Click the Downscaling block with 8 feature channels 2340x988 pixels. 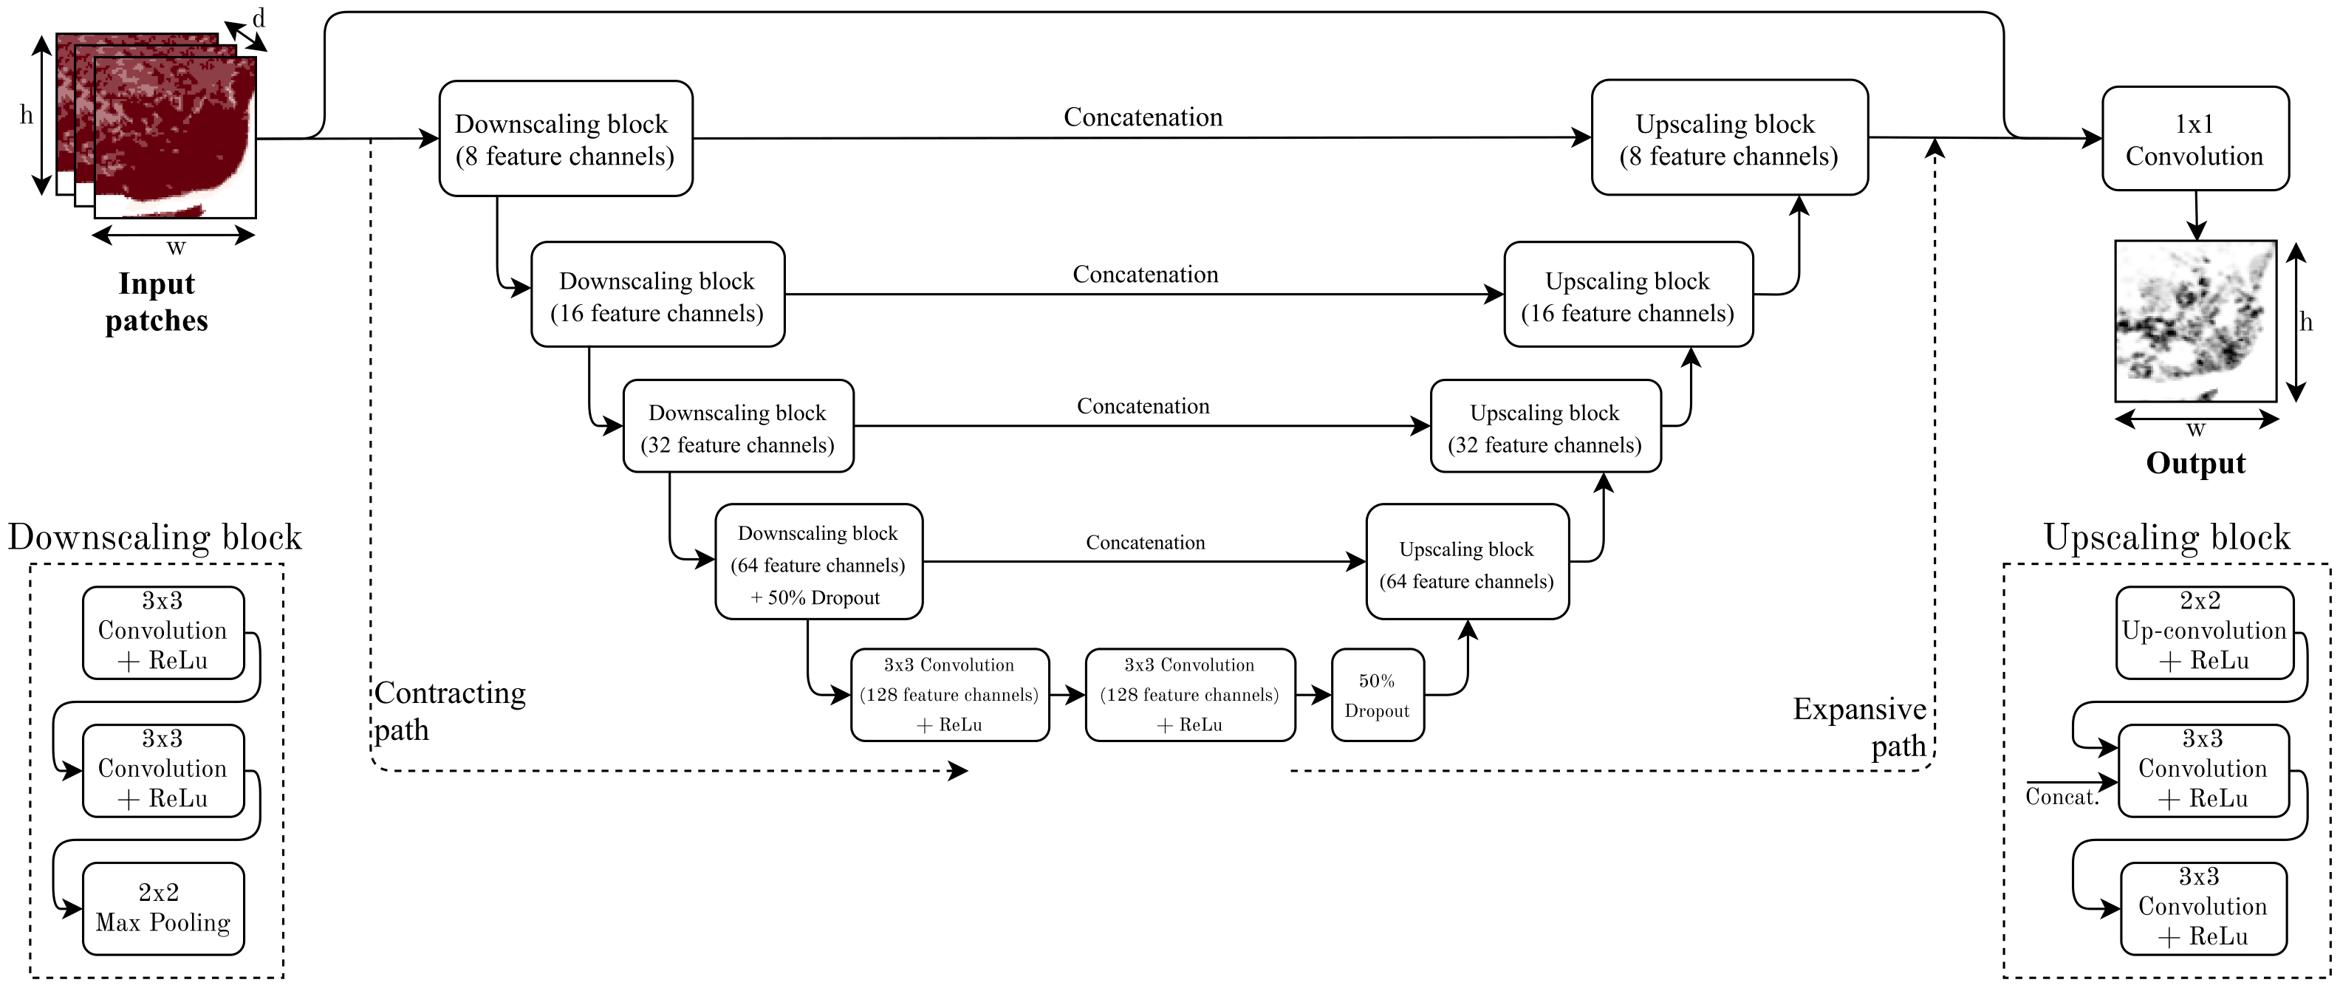pos(565,139)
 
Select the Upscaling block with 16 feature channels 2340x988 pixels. pos(1628,295)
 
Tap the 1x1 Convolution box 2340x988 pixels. pos(2194,139)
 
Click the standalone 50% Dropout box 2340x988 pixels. pos(1377,696)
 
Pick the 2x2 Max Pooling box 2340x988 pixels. pos(162,908)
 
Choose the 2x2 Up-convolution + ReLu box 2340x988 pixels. pos(2204,632)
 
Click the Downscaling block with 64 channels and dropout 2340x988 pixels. pos(818,563)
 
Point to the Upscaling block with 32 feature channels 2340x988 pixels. pos(1545,427)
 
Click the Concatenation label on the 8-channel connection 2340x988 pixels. pos(1143,117)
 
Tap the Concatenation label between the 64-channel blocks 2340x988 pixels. pos(1146,543)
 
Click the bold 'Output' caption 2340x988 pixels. pos(2194,464)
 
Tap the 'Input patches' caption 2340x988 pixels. pos(157,303)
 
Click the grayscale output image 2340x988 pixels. pos(2194,320)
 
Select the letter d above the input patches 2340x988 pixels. pos(259,18)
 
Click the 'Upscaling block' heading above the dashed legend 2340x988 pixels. pos(2166,538)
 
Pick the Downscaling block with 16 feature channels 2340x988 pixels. pos(657,295)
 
